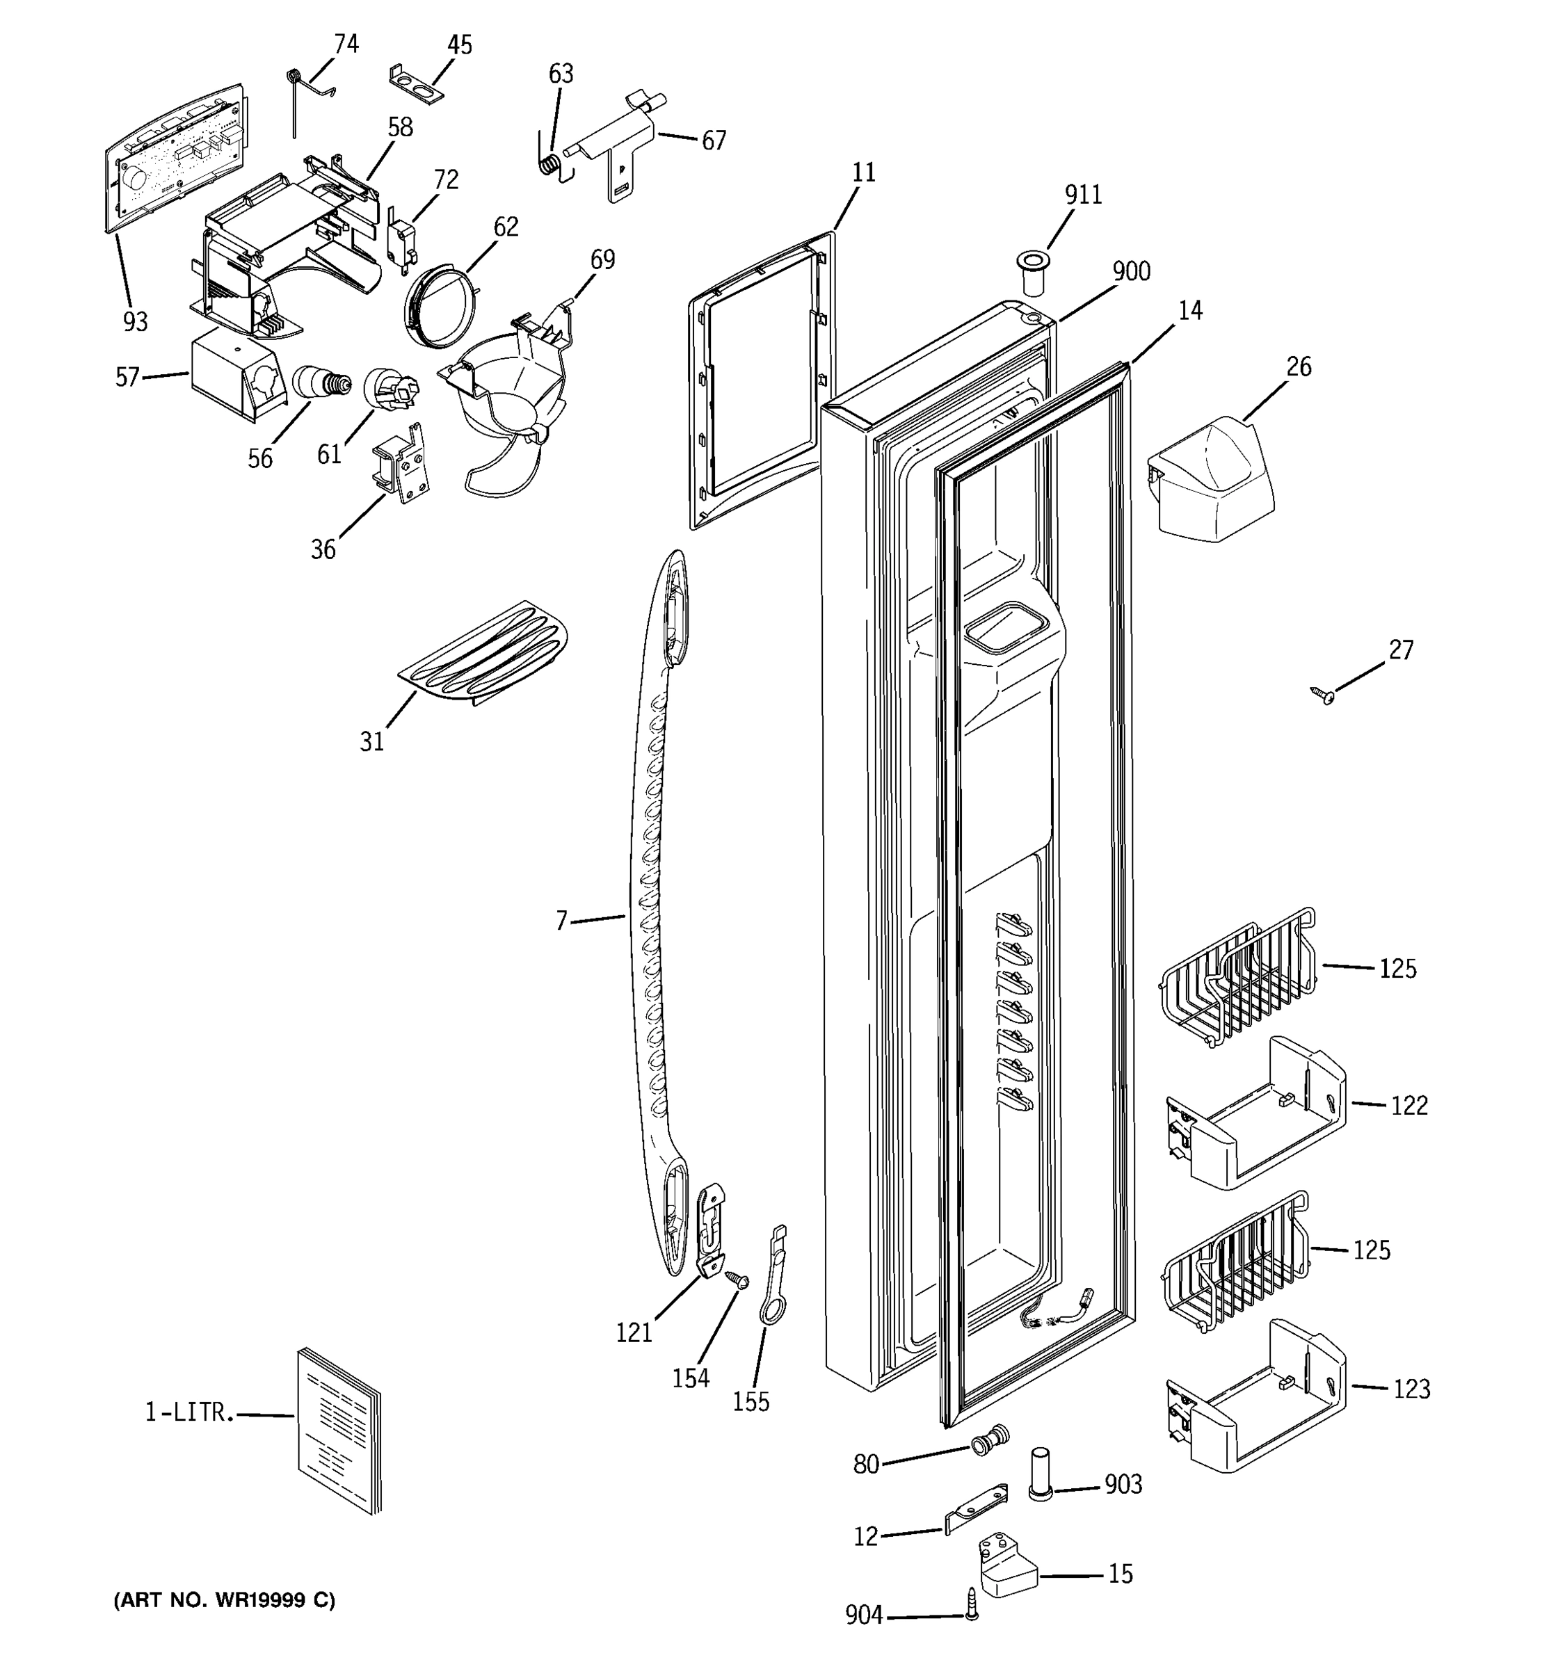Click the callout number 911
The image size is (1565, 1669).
coord(1083,195)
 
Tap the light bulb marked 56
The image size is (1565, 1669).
coord(321,383)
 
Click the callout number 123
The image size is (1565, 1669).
coord(1411,1389)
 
